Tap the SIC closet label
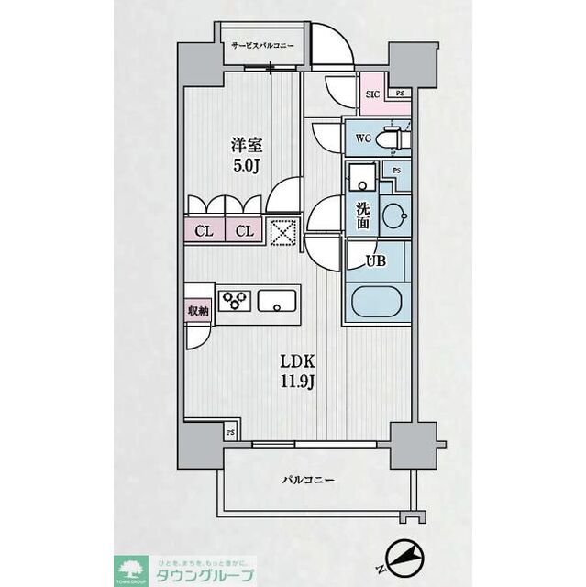pos(373,94)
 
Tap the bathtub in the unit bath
pos(380,303)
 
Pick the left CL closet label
pos(204,231)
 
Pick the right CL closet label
pos(244,231)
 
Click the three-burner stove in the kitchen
pos(233,300)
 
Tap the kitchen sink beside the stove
pos(278,301)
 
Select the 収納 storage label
pos(197,311)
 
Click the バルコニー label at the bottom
pos(307,480)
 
